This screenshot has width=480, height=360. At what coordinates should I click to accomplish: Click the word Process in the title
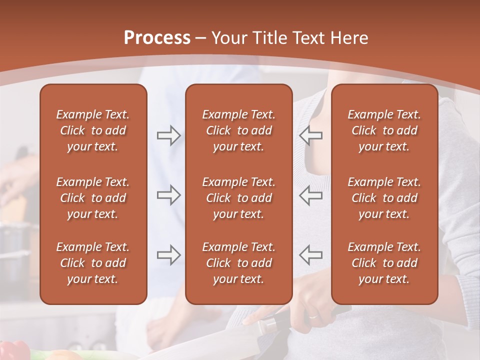pyautogui.click(x=156, y=38)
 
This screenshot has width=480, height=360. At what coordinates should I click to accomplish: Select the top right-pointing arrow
pyautogui.click(x=169, y=135)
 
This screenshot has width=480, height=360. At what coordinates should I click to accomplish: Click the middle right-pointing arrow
pyautogui.click(x=169, y=195)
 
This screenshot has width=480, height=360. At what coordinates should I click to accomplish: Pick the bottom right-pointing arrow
pyautogui.click(x=169, y=255)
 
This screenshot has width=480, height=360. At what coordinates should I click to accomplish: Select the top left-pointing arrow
pyautogui.click(x=311, y=135)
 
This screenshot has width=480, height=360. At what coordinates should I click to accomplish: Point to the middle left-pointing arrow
pyautogui.click(x=311, y=195)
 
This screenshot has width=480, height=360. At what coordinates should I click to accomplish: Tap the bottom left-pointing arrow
pyautogui.click(x=311, y=255)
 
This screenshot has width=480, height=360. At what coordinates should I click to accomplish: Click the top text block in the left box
pyautogui.click(x=93, y=130)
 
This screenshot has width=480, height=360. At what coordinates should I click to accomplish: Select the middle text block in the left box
pyautogui.click(x=93, y=198)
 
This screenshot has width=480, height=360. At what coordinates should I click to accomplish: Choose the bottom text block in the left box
pyautogui.click(x=93, y=263)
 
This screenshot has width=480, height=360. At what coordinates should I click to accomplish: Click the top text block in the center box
pyautogui.click(x=239, y=130)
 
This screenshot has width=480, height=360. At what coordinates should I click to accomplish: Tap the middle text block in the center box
pyautogui.click(x=239, y=198)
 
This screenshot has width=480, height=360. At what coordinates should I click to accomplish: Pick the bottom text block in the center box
pyautogui.click(x=239, y=263)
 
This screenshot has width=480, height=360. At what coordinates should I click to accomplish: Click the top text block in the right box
pyautogui.click(x=384, y=130)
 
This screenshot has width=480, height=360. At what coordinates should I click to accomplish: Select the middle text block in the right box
pyautogui.click(x=384, y=198)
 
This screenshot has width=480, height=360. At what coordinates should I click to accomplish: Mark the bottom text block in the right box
pyautogui.click(x=384, y=263)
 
